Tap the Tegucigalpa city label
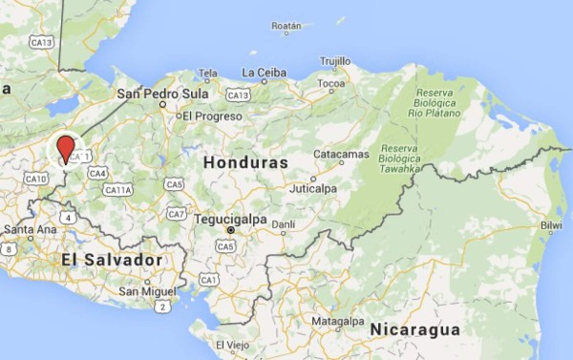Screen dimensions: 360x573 click(228, 219)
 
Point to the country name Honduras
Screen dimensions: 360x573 click(245, 163)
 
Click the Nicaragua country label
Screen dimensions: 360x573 click(415, 329)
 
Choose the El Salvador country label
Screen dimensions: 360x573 click(112, 260)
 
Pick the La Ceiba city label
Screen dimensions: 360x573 click(265, 73)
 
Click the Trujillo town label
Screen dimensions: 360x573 click(335, 60)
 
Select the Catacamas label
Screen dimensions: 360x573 click(342, 154)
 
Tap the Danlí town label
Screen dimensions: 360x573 click(284, 224)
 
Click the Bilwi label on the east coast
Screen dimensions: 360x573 click(551, 226)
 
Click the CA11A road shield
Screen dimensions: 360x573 click(117, 190)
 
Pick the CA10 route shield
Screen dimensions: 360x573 click(36, 179)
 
